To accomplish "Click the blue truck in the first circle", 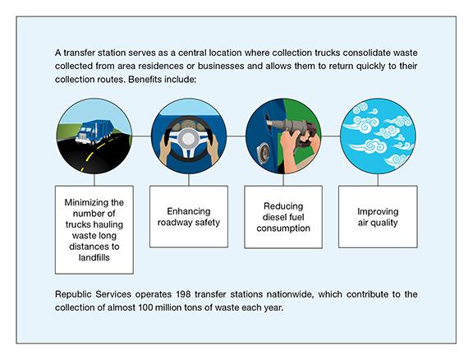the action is (94, 132).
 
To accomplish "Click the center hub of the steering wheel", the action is (189, 138).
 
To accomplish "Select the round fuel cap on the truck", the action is (263, 153).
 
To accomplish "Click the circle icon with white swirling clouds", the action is (378, 136).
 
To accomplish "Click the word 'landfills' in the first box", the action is (94, 257).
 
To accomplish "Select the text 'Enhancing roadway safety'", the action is (189, 217).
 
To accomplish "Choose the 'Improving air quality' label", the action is (378, 217).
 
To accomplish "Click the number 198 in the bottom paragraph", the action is (183, 294).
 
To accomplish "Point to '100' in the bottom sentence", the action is (145, 307).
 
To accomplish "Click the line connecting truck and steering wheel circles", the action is (141, 136).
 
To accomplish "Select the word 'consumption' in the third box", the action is (283, 228).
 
